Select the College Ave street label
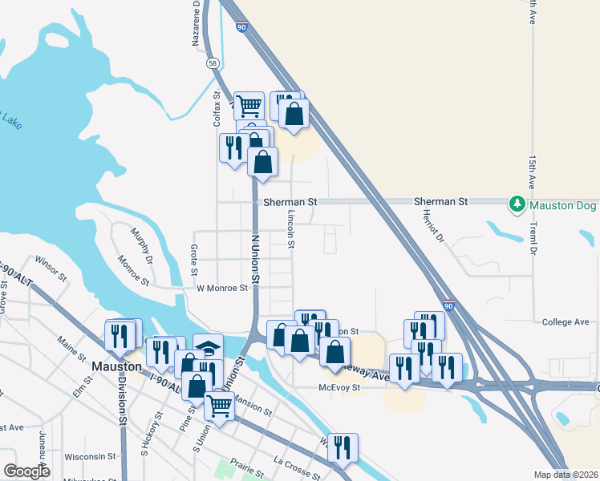[x=566, y=322]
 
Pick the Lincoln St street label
[x=291, y=228]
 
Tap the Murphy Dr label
[x=141, y=245]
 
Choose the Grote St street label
[x=194, y=258]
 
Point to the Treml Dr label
[x=532, y=240]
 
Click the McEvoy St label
[x=342, y=386]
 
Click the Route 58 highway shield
[x=213, y=63]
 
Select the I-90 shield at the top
[x=241, y=27]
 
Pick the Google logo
[x=28, y=471]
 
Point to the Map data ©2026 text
[x=566, y=475]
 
